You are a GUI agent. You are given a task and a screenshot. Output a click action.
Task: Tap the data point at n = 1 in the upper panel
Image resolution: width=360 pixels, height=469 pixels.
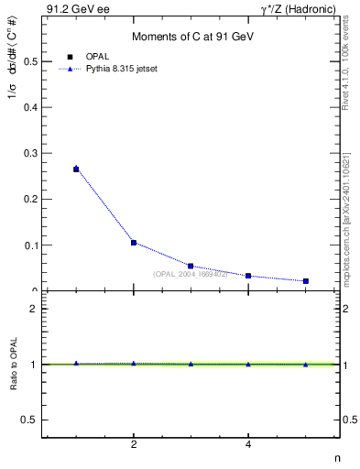pos(76,169)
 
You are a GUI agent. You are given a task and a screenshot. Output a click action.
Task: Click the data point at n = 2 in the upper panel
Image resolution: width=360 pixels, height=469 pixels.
pos(134,243)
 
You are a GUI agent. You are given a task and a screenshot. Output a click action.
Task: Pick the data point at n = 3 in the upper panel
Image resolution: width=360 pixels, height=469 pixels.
pos(191,266)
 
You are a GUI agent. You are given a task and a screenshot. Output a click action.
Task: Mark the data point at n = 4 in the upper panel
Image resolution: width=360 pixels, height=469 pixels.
pos(248,276)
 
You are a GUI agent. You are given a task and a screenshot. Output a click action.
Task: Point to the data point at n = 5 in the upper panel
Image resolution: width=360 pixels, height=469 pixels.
pos(305,281)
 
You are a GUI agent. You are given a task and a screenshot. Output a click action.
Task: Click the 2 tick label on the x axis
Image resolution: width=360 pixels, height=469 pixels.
pos(134,445)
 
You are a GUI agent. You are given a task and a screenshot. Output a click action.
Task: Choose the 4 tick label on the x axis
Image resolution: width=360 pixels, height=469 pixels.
pos(248,445)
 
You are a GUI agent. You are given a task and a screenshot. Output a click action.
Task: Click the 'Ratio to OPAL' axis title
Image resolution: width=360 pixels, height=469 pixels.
pos(14,364)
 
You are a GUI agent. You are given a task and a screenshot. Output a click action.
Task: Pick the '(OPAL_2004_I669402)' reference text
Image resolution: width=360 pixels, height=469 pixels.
pos(190,274)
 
